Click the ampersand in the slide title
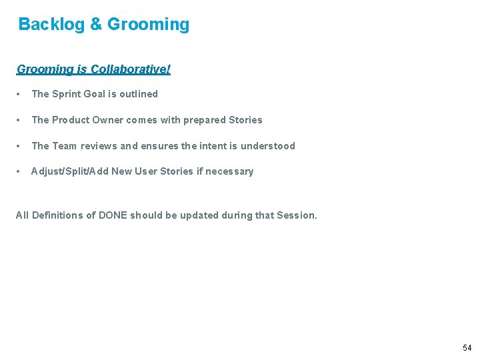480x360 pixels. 96,25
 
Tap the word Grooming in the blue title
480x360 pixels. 148,25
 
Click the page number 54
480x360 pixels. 467,348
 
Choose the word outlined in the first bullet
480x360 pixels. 139,94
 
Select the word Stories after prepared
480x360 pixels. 245,120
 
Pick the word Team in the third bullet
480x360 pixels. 64,146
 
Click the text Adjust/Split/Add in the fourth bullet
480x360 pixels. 69,171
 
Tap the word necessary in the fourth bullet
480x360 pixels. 229,171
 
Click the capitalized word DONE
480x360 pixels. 113,215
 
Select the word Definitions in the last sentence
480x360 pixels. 57,215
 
